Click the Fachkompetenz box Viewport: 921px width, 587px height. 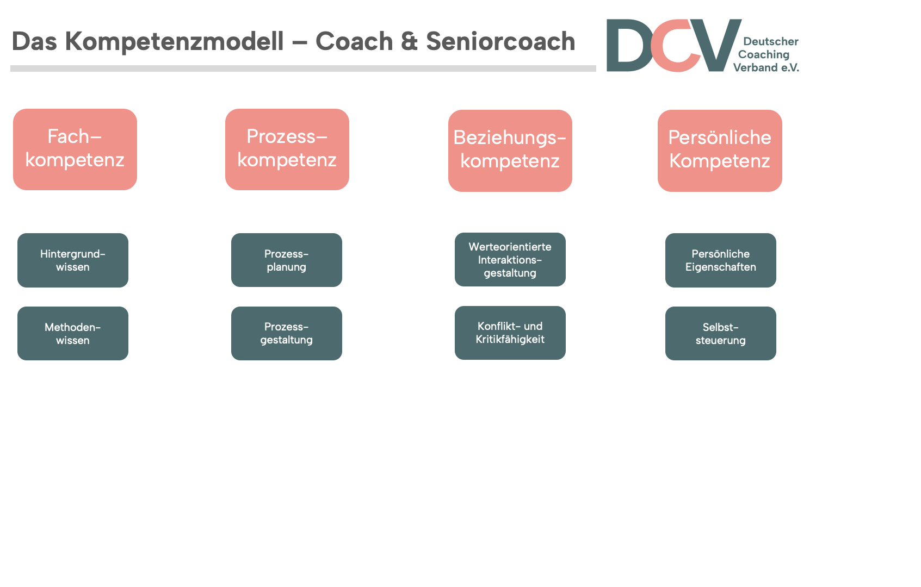pyautogui.click(x=75, y=149)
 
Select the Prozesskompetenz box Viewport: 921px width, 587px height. pyautogui.click(x=287, y=149)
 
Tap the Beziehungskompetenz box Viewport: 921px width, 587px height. pyautogui.click(x=510, y=151)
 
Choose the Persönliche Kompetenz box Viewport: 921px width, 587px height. pyautogui.click(x=720, y=151)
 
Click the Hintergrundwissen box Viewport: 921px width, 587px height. pyautogui.click(x=73, y=260)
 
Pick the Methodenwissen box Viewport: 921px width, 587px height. pyautogui.click(x=73, y=333)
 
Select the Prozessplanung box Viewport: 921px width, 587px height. pyautogui.click(x=287, y=260)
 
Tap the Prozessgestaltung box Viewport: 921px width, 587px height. pyautogui.click(x=287, y=333)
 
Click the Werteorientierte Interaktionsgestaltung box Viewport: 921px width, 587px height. pyautogui.click(x=510, y=259)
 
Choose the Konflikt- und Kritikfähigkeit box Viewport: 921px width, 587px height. pyautogui.click(x=510, y=333)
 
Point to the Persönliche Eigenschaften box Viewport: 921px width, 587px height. pyautogui.click(x=720, y=260)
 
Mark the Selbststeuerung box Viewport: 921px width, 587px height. pyautogui.click(x=720, y=333)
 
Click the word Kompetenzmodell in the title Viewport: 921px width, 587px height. pyautogui.click(x=174, y=42)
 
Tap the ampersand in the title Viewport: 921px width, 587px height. pyautogui.click(x=409, y=41)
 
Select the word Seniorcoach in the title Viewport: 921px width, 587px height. pyautogui.click(x=500, y=41)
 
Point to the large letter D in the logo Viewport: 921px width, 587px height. pyautogui.click(x=629, y=45)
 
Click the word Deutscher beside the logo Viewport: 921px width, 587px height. pyautogui.click(x=771, y=41)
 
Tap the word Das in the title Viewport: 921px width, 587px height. pyautogui.click(x=34, y=41)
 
